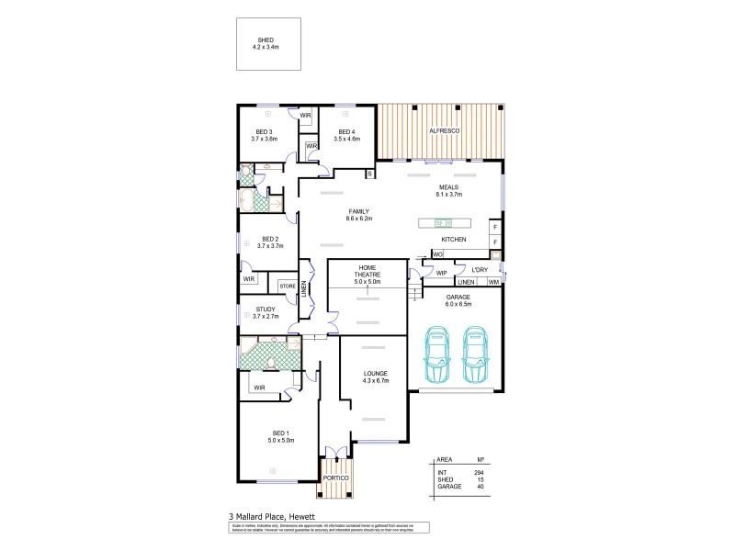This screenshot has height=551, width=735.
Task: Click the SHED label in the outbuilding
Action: (x=266, y=40)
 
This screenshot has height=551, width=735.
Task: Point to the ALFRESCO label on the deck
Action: (x=445, y=132)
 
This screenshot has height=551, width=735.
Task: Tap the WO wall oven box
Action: (x=438, y=253)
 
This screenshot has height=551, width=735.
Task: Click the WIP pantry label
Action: (x=441, y=273)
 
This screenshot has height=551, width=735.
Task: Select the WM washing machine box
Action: (x=493, y=282)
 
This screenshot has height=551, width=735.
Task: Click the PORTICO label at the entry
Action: (x=336, y=478)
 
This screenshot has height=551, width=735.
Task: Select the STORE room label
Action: (x=288, y=287)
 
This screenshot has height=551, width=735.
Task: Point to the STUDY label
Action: (x=266, y=309)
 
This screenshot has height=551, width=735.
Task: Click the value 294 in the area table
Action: (x=478, y=471)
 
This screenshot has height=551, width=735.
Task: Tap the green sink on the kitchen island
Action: (x=439, y=222)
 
